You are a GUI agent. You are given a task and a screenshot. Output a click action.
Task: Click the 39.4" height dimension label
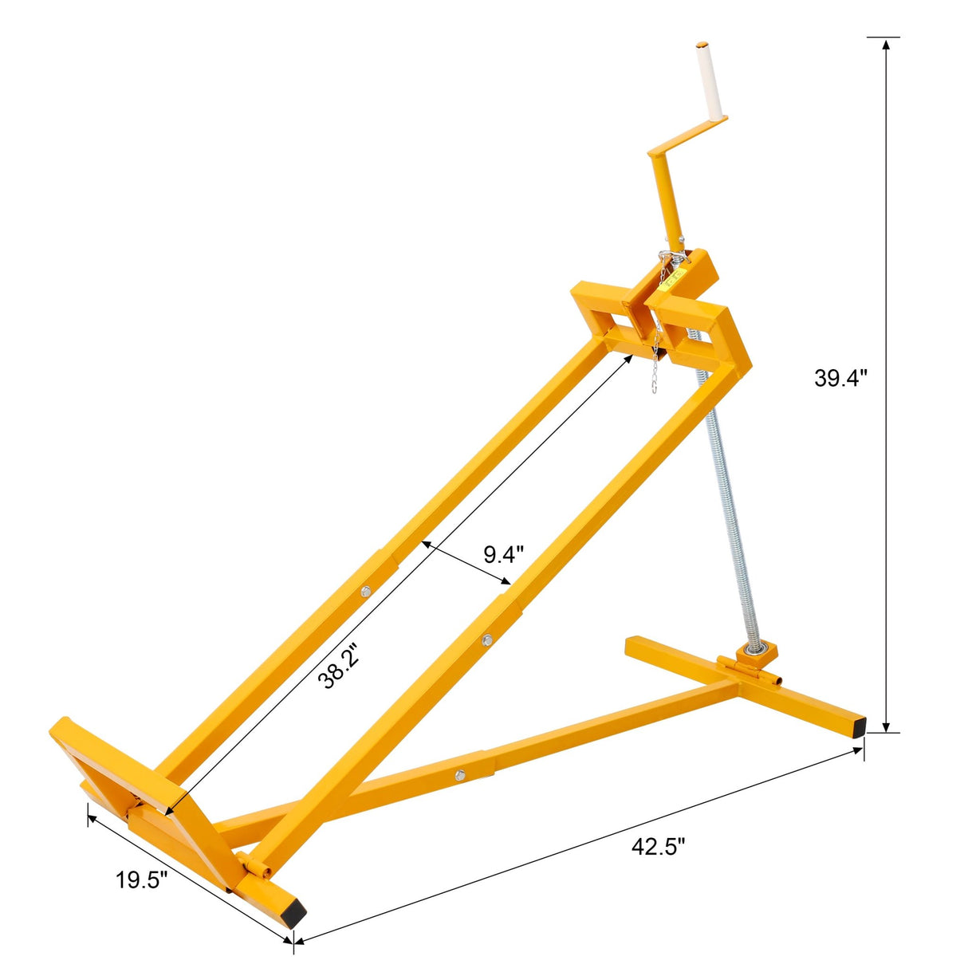(x=840, y=378)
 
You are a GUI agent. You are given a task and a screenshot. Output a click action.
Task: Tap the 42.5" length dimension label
(x=658, y=847)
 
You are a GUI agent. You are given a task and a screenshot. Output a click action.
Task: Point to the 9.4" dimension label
(x=504, y=553)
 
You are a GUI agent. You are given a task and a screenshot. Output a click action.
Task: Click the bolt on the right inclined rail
(x=486, y=639)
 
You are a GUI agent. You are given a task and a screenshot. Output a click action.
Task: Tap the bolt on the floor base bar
(x=460, y=774)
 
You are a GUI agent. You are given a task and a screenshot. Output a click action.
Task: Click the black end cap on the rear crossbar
(x=857, y=726)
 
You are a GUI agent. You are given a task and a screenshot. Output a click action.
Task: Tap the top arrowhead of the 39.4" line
(x=884, y=44)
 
